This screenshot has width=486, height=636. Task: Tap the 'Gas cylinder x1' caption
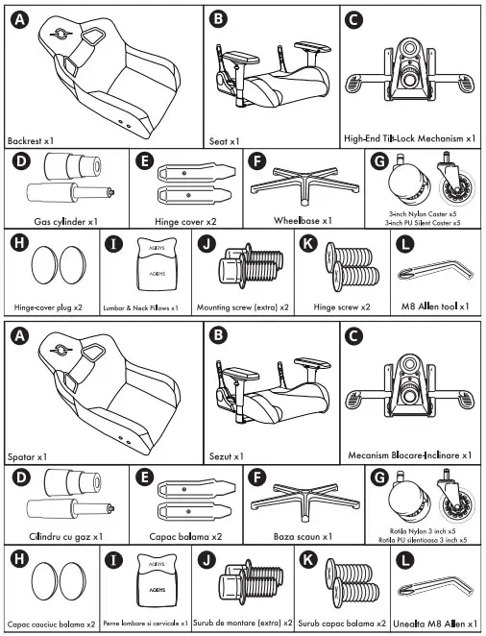66,221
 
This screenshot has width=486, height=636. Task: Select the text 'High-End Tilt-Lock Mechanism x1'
409,139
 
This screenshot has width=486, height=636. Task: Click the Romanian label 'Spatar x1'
28,455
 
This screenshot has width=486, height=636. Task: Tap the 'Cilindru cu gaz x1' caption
66,535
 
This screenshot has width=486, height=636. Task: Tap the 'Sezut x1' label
229,455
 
